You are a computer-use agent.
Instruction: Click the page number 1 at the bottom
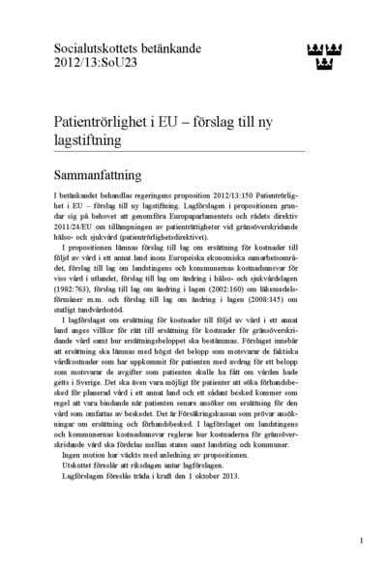pos(360,540)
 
